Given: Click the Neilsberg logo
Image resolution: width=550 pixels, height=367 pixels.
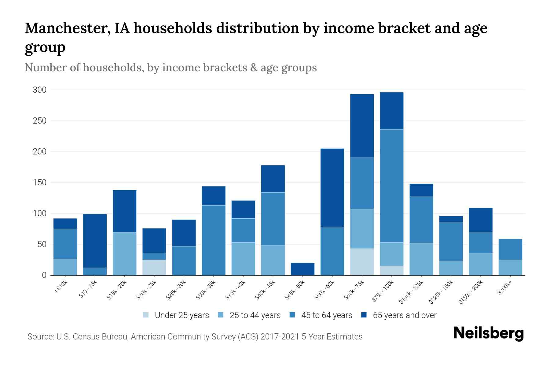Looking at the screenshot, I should [488, 333].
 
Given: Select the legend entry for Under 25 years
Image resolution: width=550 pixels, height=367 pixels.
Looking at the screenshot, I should [182, 315].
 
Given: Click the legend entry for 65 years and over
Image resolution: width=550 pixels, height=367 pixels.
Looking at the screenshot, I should [404, 315].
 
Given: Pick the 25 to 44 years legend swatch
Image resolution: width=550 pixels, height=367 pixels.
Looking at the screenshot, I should [221, 315].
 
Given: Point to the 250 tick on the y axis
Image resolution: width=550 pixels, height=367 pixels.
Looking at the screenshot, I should [40, 121].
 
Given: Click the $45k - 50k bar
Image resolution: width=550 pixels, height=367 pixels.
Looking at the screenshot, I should [302, 269].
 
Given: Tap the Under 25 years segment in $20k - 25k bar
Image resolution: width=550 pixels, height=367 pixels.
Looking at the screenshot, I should [154, 267].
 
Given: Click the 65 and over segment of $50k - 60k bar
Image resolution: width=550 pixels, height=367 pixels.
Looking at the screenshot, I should [332, 187].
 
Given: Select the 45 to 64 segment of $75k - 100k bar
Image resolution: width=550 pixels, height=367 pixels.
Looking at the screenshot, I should [391, 186].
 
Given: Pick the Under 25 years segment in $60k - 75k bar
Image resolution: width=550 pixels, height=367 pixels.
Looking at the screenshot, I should [362, 262].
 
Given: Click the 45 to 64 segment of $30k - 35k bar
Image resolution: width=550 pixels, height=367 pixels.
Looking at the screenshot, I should [214, 240].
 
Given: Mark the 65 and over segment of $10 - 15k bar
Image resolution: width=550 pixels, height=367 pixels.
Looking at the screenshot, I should [95, 241].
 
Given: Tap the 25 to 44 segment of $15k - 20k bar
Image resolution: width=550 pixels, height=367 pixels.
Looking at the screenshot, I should [124, 254].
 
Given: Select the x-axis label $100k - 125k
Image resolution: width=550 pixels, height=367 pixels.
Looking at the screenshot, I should [411, 292].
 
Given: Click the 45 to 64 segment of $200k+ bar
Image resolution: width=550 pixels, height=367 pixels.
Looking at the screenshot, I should [510, 249].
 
